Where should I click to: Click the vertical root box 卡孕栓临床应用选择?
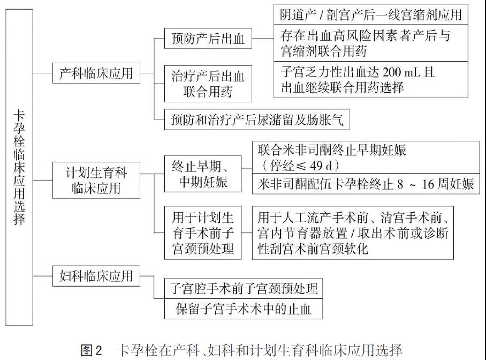(x=19, y=167)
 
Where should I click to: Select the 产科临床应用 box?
(x=96, y=73)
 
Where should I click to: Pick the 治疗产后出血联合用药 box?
(x=208, y=84)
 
